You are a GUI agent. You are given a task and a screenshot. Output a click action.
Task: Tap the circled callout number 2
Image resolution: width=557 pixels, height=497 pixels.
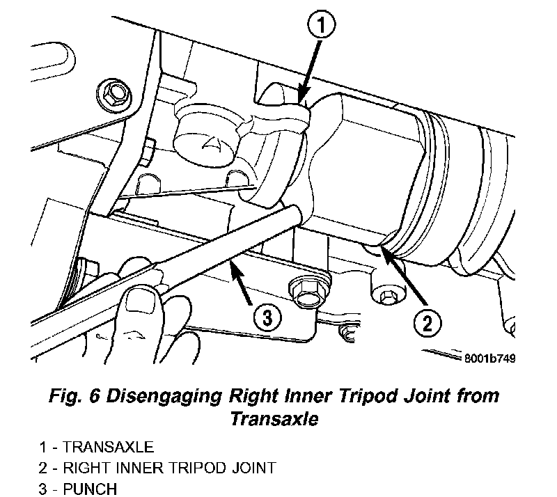point(427,322)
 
